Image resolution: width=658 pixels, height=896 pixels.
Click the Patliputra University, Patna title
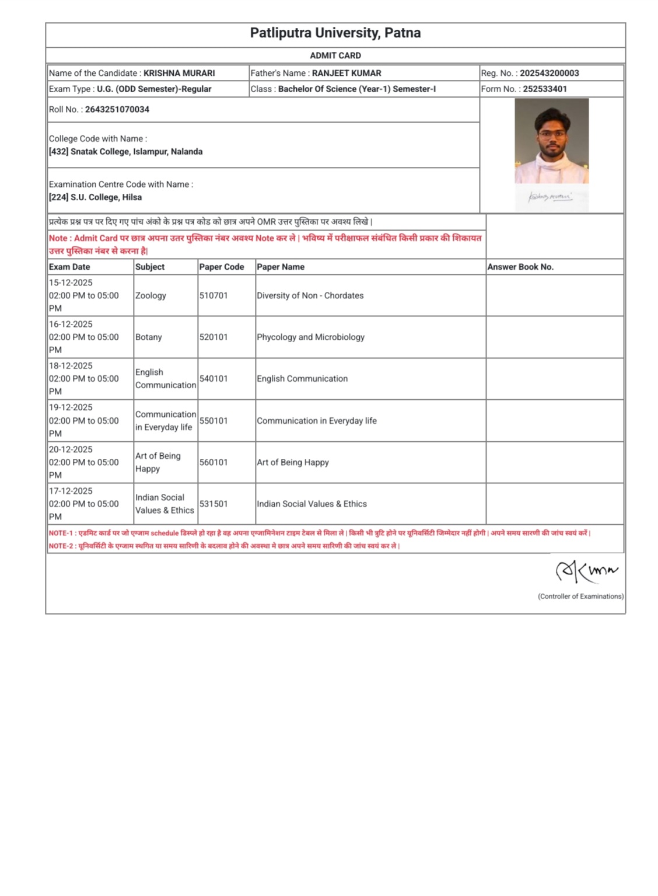335,33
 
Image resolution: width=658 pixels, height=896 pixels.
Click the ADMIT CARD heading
335,55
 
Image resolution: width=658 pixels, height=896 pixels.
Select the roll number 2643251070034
117,110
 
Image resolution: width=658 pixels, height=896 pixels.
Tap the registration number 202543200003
549,74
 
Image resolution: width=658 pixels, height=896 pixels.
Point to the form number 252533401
544,89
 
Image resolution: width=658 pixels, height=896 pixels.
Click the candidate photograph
551,141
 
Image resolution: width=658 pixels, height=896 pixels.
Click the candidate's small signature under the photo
550,197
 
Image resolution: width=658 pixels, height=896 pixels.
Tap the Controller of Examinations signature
586,570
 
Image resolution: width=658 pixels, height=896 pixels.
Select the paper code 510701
213,296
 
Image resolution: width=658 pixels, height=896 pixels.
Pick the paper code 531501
213,504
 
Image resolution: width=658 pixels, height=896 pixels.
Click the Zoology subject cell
150,296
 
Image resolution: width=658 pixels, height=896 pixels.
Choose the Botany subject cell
149,337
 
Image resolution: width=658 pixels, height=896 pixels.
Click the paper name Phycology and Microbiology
310,337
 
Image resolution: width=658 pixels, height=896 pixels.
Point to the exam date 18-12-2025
71,366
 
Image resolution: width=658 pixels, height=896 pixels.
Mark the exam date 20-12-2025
71,449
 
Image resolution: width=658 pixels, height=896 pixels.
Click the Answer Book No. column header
520,267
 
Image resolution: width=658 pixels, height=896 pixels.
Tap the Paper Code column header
222,267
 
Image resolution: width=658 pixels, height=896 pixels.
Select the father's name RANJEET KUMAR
346,74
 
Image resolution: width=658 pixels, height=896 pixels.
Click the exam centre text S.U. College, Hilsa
106,197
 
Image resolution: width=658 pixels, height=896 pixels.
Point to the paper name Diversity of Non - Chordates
310,296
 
